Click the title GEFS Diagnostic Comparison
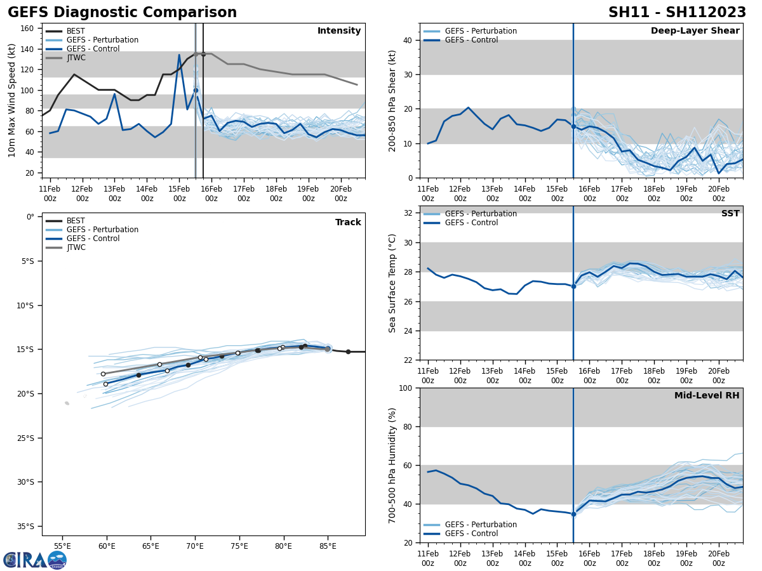122,13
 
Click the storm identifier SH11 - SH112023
677,13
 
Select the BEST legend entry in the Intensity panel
76,31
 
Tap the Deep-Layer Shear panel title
695,31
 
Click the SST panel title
730,214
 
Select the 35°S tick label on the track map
25,526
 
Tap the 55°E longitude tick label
62,546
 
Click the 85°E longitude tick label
328,546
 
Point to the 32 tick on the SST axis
408,213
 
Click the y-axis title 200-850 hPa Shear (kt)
392,100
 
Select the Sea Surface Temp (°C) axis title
392,283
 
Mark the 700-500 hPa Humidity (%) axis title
392,465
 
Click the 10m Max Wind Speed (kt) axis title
12,100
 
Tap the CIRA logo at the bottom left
35,560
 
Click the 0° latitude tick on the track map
30,217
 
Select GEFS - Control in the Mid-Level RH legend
472,534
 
